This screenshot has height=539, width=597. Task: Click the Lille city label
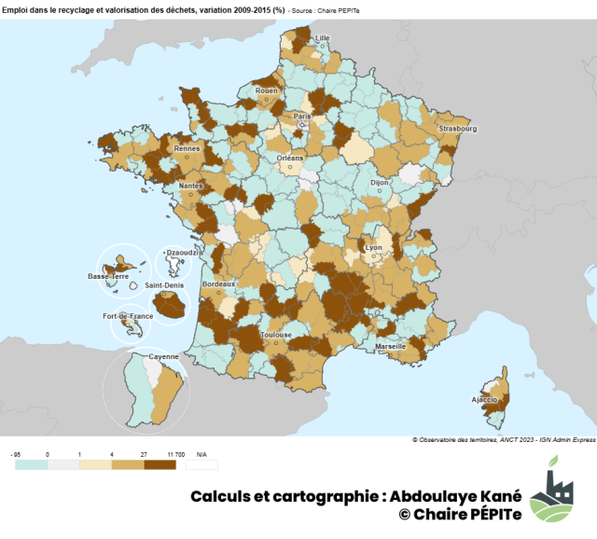click(x=324, y=38)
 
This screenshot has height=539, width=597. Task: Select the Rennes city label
click(x=187, y=148)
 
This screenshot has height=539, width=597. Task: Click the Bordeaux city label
click(x=218, y=283)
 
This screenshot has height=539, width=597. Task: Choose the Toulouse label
click(x=276, y=335)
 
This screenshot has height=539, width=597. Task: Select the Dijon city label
click(x=379, y=183)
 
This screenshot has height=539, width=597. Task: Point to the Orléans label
click(x=290, y=159)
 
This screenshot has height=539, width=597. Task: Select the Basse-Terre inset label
click(x=108, y=276)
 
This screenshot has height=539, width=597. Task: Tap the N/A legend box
click(x=201, y=463)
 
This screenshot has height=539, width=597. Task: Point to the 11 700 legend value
click(x=174, y=452)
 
